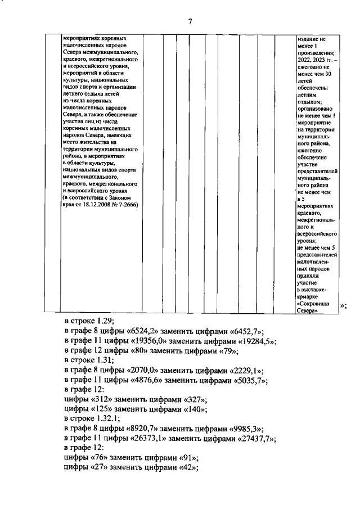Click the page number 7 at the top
[x=190, y=21]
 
